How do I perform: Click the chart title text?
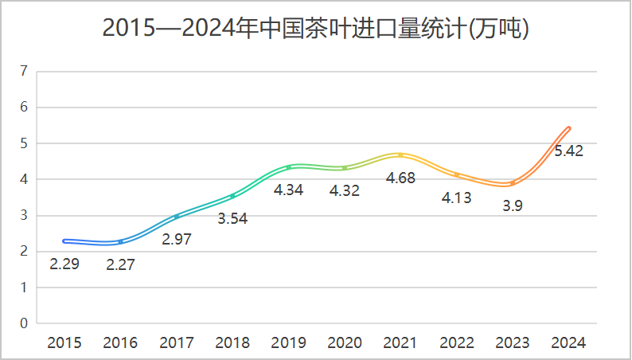pos(316,29)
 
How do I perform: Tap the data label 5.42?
pos(568,151)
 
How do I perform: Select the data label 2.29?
pos(64,264)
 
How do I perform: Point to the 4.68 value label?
pos(400,178)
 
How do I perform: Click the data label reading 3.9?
pos(513,206)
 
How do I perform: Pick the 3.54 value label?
pos(232,219)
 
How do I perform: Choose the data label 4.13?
pos(456,198)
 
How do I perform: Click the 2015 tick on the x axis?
pos(64,343)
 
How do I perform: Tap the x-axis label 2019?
pos(288,343)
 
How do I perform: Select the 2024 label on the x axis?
pos(568,343)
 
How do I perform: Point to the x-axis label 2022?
pos(456,343)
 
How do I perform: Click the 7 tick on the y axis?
pos(24,71)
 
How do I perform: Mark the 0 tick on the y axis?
pos(24,323)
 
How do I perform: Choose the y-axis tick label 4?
pos(24,179)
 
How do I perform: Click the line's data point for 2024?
pos(568,128)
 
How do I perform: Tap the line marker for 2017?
pos(177,217)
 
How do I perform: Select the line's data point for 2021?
pos(400,155)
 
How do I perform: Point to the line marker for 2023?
pos(513,183)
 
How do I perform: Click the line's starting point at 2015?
pos(64,241)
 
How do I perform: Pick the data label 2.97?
pos(177,240)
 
